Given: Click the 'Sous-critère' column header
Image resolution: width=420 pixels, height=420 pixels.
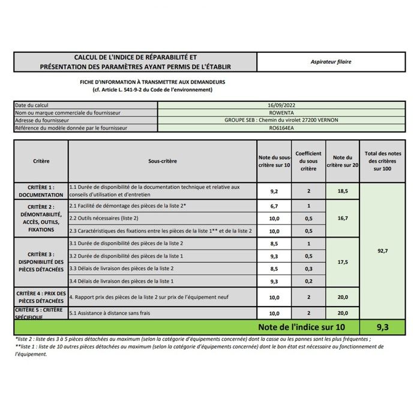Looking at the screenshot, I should (x=163, y=161).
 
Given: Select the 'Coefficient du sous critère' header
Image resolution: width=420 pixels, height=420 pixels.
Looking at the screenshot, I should (x=308, y=161).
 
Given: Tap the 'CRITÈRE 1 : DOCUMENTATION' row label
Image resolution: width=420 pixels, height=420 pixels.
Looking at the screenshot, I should (x=41, y=191).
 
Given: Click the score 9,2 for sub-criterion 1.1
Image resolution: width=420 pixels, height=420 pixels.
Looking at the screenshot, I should (x=274, y=191).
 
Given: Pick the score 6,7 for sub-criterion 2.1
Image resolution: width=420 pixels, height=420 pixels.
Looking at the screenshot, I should (x=274, y=206).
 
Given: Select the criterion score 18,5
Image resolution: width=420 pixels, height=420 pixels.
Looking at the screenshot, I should (x=343, y=191).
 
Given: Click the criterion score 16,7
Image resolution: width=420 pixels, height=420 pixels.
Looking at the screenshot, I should (x=343, y=218).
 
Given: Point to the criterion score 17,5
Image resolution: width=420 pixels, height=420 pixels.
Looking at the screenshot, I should (x=343, y=262).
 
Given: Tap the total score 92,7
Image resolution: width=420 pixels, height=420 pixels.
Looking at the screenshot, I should (x=382, y=251).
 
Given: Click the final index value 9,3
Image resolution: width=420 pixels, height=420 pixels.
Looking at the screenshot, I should (x=382, y=327).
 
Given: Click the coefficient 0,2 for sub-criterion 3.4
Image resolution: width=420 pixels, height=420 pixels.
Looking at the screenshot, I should (x=308, y=280).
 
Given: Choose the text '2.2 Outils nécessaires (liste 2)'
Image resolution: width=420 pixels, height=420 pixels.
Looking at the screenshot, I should (x=104, y=218).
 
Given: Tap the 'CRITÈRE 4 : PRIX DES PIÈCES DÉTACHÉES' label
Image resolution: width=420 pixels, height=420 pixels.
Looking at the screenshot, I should (x=41, y=296).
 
